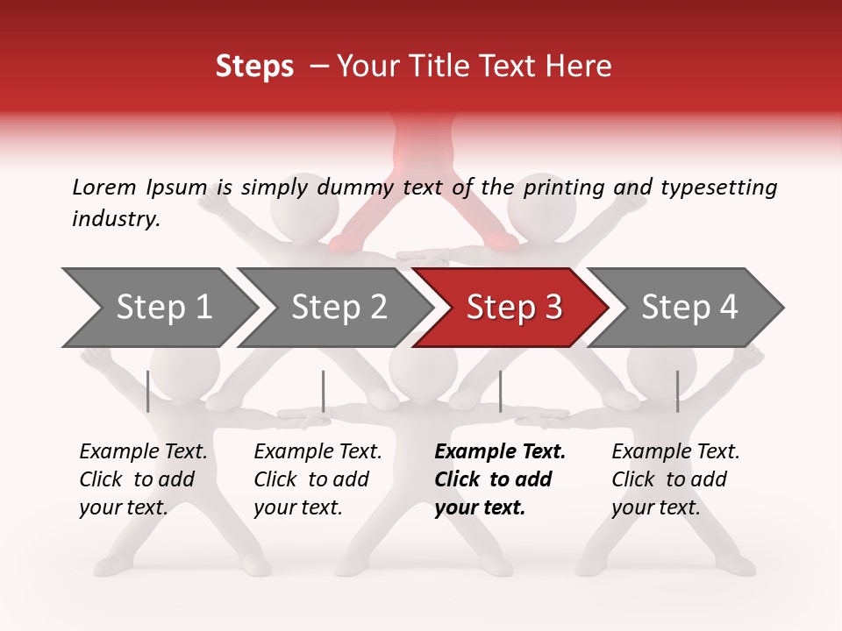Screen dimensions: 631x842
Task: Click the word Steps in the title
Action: click(254, 67)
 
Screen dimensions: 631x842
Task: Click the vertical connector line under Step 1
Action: click(148, 391)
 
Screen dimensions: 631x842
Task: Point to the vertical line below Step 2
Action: click(324, 391)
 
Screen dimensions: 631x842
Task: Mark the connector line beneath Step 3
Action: click(500, 391)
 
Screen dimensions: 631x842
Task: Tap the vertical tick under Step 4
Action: click(677, 391)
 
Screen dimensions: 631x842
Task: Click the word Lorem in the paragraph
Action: click(104, 187)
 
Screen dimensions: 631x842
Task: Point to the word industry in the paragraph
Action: click(115, 219)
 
